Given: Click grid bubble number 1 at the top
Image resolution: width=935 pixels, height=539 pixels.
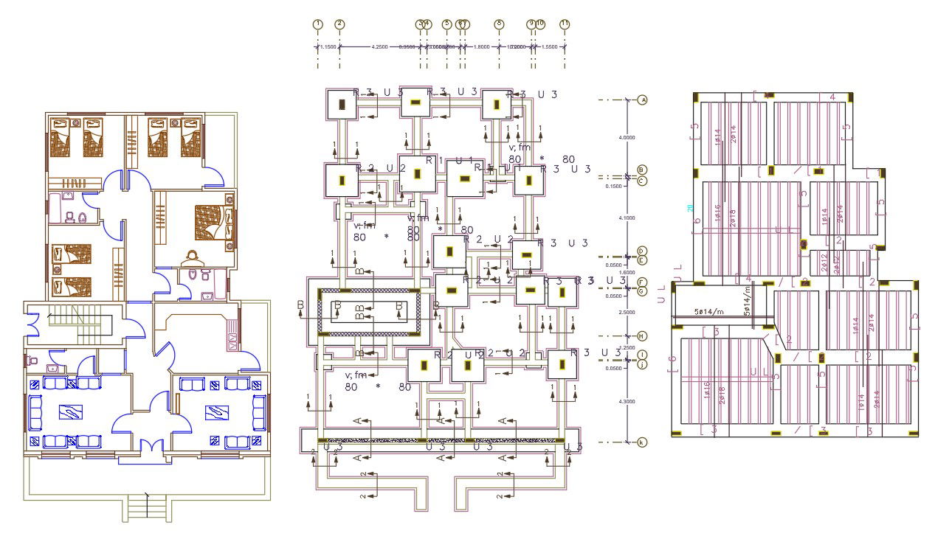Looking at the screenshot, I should tap(317, 24).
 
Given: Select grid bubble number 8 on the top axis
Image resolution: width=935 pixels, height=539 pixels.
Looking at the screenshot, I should tap(499, 24).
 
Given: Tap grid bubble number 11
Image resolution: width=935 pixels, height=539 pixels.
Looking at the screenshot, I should tap(565, 24).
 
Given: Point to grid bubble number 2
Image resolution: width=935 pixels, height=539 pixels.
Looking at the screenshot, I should tap(339, 24).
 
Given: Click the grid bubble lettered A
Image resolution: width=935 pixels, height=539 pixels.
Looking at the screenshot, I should tap(642, 100).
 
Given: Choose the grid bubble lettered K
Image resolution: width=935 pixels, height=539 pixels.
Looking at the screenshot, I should tap(642, 442).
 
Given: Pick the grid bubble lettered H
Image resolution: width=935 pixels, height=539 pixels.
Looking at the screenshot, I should tap(642, 336).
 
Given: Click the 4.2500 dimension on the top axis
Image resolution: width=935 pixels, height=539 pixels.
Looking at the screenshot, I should tap(379, 47).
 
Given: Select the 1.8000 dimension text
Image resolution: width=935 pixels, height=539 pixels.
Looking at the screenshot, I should tap(481, 47).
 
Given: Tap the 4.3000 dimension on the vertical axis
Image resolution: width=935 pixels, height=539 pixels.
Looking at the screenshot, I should tap(627, 401).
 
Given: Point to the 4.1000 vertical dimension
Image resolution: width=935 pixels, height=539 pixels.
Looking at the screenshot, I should tap(627, 218).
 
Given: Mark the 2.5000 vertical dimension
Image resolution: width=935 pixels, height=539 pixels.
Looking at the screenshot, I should tap(627, 313).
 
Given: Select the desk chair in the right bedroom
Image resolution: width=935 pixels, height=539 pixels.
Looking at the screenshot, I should tap(193, 257).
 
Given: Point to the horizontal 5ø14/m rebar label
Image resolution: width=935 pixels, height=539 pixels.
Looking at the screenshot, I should tap(708, 312).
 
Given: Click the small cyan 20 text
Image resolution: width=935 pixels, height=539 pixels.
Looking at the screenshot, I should tap(691, 209).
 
